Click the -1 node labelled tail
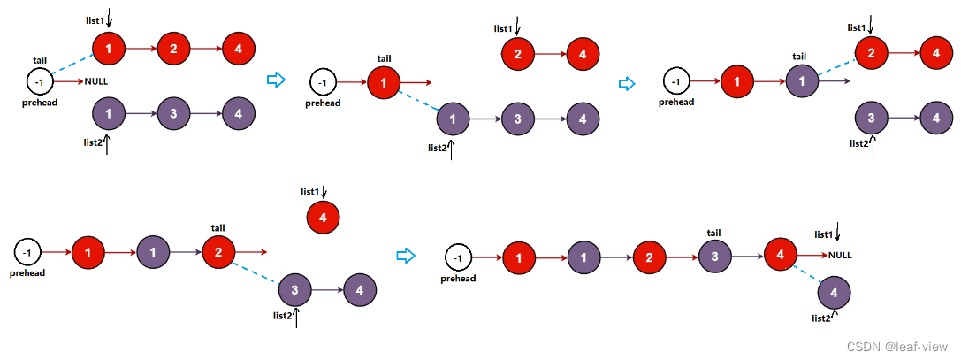point(40,82)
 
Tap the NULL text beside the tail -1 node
point(96,82)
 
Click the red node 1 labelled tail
point(383,83)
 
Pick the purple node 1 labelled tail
point(801,82)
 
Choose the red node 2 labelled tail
point(218,253)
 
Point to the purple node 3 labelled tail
point(713,257)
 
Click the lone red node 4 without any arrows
point(323,218)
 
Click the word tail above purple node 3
point(713,234)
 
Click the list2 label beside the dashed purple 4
point(820,318)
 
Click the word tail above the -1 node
point(40,60)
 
